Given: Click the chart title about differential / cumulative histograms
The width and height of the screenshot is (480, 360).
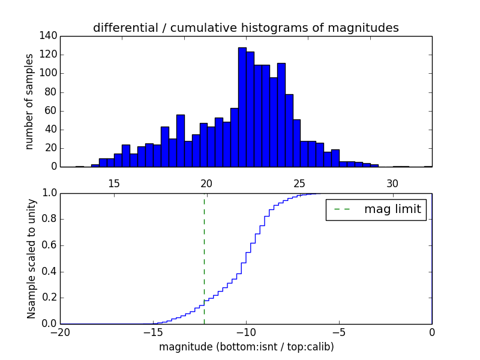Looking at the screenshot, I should pos(246,28).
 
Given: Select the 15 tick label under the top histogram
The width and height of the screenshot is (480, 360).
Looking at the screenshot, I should pos(114,183).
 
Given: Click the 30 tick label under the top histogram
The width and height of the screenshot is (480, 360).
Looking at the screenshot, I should pos(392,183).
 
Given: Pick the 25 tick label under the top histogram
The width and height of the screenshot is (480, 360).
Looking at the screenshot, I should pos(299,183).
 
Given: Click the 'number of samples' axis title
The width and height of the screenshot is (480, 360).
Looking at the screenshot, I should pos(29,101).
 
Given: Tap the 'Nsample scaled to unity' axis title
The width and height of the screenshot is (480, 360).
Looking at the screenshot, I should pos(31,259).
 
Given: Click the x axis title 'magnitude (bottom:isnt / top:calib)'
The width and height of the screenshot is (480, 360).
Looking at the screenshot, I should pos(246,347).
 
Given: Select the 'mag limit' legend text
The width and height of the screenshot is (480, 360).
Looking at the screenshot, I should pos(392,209).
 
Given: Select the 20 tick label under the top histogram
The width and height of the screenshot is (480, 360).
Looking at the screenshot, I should pos(206,183).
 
